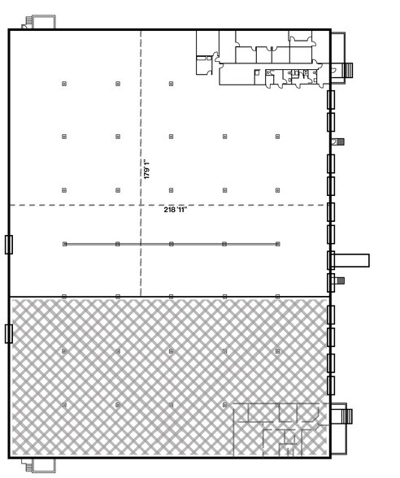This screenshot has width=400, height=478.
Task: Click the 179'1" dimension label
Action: pos(147,168)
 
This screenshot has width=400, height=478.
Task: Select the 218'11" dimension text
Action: pos(176,210)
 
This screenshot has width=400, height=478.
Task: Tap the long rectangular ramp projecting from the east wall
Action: pos(352,260)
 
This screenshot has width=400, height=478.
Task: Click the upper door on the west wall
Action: pos(8,244)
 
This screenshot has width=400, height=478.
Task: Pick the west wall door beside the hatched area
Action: pos(8,332)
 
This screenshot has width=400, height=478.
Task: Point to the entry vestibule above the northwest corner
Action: pos(38,23)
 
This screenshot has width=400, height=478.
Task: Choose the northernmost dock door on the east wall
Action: pos(331,99)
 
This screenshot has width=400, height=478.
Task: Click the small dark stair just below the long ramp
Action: pos(340,281)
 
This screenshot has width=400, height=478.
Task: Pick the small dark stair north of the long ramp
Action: pos(340,141)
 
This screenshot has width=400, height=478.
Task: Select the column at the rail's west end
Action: pos(63,243)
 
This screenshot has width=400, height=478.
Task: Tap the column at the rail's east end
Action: pos(278,243)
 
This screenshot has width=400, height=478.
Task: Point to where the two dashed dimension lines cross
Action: pos(141,204)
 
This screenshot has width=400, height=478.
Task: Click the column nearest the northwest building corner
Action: pos(63,83)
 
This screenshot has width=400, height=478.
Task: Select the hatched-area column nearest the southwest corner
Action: pos(63,404)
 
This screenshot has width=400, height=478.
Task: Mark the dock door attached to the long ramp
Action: pos(331,260)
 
